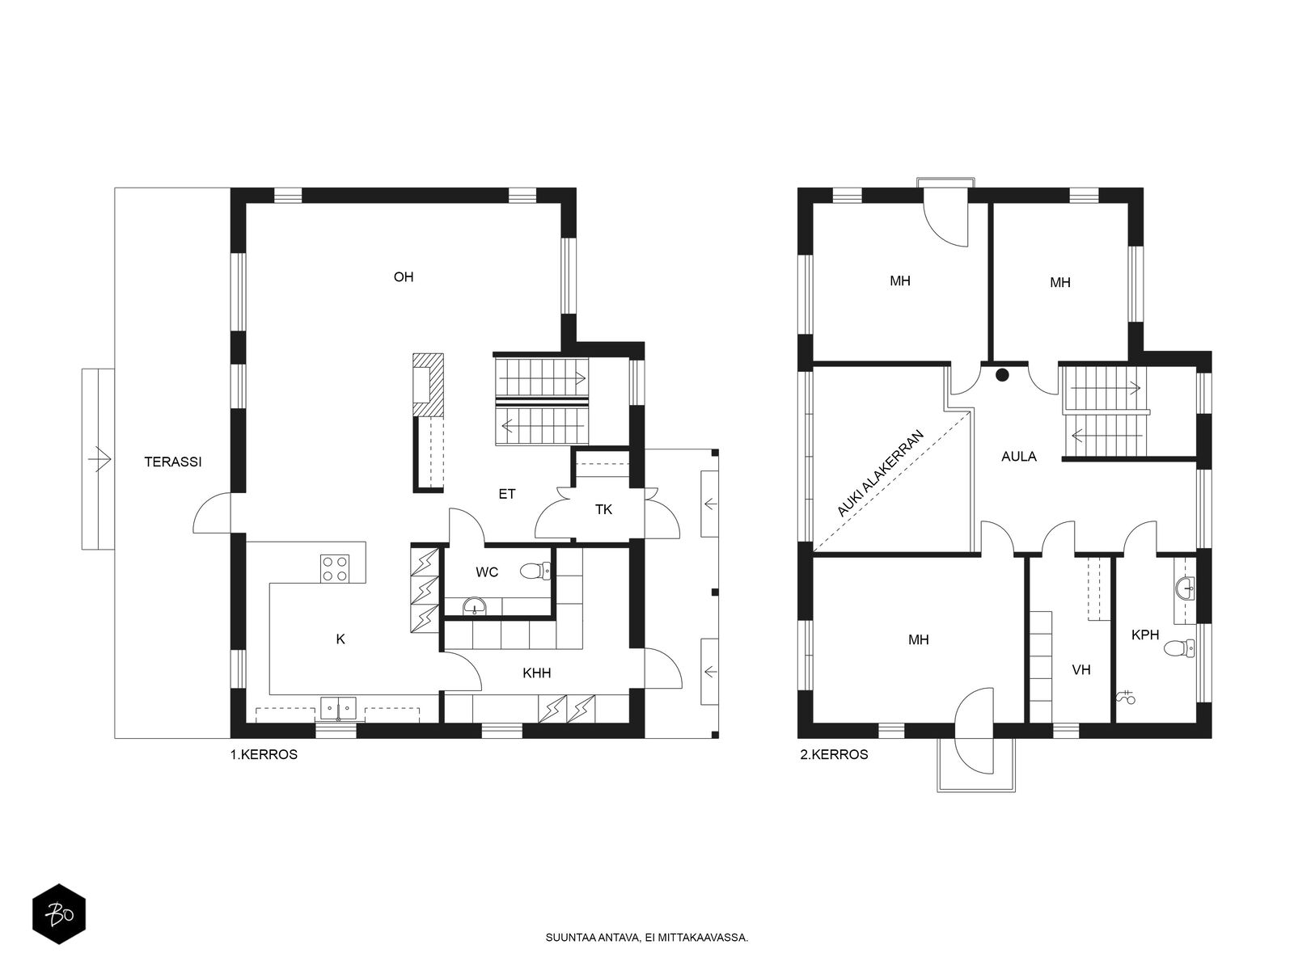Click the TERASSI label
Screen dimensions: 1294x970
point(173,462)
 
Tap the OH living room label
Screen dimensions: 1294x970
point(404,276)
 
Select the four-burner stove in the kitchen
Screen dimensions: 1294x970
point(334,568)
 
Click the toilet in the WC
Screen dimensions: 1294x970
point(535,571)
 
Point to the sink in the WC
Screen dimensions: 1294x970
point(474,605)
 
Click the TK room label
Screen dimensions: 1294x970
point(603,509)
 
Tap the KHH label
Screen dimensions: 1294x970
point(536,673)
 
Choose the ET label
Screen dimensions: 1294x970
point(506,494)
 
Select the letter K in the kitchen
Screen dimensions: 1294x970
point(340,639)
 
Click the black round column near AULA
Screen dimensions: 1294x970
point(1002,374)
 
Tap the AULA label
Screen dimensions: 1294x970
point(1019,457)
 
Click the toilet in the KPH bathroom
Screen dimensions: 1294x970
point(1179,647)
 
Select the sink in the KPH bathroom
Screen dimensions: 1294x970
point(1185,587)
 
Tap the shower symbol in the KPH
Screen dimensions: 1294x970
point(1126,697)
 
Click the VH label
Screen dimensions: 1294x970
point(1081,669)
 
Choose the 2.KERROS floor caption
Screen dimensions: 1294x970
point(834,754)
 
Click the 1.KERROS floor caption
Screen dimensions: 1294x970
point(264,754)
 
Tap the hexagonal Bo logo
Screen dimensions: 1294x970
point(59,914)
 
